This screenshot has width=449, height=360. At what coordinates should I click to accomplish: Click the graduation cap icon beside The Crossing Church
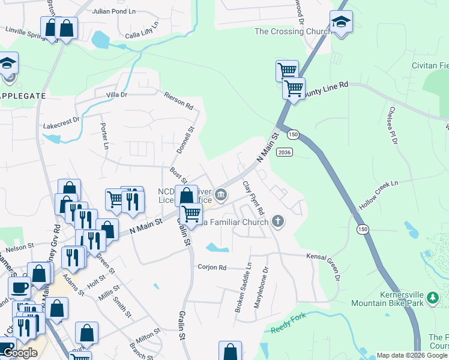341,22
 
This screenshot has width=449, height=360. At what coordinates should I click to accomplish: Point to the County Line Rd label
326,89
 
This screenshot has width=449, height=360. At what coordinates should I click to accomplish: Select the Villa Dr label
117,95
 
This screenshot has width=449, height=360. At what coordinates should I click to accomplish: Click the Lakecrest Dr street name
61,122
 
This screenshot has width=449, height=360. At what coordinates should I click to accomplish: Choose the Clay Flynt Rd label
253,198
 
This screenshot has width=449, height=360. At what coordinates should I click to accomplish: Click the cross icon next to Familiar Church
277,221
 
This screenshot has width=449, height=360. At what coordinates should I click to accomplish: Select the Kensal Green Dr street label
325,263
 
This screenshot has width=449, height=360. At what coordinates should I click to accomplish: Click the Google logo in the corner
20,353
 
